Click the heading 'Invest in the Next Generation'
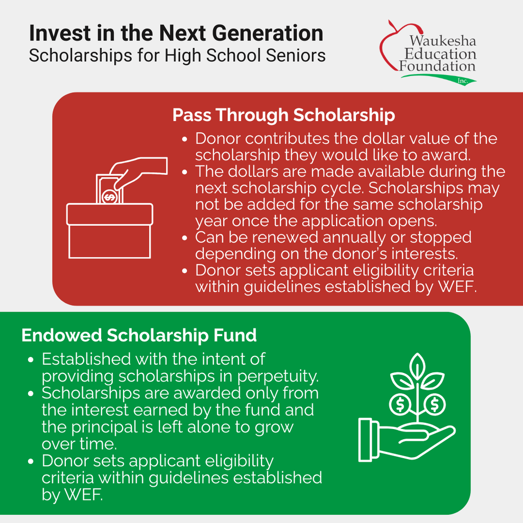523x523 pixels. click(x=176, y=33)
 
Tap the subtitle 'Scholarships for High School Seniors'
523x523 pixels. click(x=177, y=55)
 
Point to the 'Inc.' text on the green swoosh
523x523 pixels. click(x=463, y=81)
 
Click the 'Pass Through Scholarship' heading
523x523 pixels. click(x=283, y=115)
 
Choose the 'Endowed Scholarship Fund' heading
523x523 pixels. click(x=139, y=336)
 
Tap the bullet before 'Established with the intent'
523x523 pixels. click(x=31, y=360)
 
